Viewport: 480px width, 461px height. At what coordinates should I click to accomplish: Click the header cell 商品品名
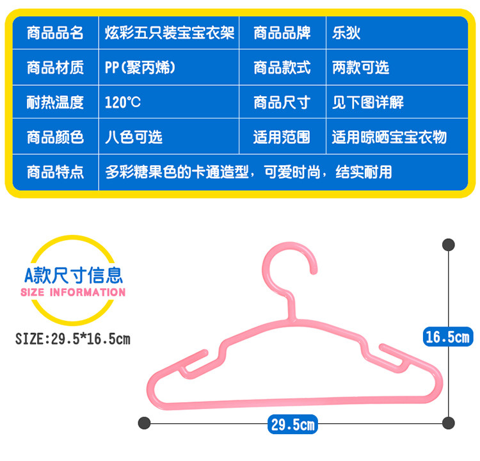(55, 33)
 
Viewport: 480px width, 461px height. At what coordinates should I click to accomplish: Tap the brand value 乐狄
(346, 33)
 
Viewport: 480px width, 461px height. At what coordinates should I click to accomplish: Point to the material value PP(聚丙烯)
(140, 67)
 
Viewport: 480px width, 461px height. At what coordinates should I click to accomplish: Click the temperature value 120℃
(123, 102)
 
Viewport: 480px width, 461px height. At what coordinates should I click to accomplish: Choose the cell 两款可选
(360, 67)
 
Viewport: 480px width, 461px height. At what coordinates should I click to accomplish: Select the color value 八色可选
(133, 136)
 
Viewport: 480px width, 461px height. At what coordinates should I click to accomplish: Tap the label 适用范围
(282, 136)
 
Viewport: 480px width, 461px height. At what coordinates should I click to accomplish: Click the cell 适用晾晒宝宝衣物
(389, 136)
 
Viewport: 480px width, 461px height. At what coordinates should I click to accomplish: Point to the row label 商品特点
(55, 172)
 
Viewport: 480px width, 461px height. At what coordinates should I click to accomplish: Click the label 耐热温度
(55, 102)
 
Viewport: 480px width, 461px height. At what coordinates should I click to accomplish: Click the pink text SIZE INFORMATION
(74, 293)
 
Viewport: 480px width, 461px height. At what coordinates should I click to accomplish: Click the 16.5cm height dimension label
(448, 336)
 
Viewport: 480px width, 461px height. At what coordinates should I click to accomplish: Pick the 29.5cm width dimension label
(292, 423)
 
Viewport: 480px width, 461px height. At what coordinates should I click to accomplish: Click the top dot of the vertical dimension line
(449, 244)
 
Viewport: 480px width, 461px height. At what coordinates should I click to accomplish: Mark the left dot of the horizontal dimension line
(145, 423)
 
